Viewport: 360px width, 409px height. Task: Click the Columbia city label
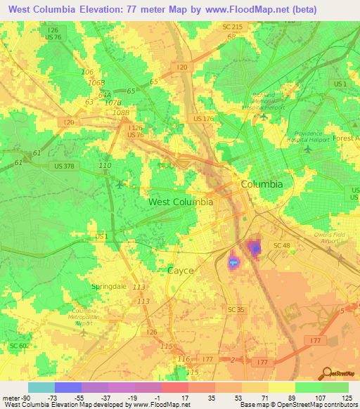pyautogui.click(x=262, y=184)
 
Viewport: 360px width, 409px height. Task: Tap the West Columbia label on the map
pyautogui.click(x=181, y=202)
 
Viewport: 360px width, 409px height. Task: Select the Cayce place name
pyautogui.click(x=180, y=270)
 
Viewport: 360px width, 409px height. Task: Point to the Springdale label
pyautogui.click(x=110, y=287)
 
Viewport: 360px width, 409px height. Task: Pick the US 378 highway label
pyautogui.click(x=67, y=166)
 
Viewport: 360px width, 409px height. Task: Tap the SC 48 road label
pyautogui.click(x=282, y=245)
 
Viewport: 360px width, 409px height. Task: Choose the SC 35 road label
pyautogui.click(x=236, y=309)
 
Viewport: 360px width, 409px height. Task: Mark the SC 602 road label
pyautogui.click(x=19, y=346)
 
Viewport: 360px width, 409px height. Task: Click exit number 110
pyautogui.click(x=105, y=165)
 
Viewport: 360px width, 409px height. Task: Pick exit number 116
pyautogui.click(x=184, y=359)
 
